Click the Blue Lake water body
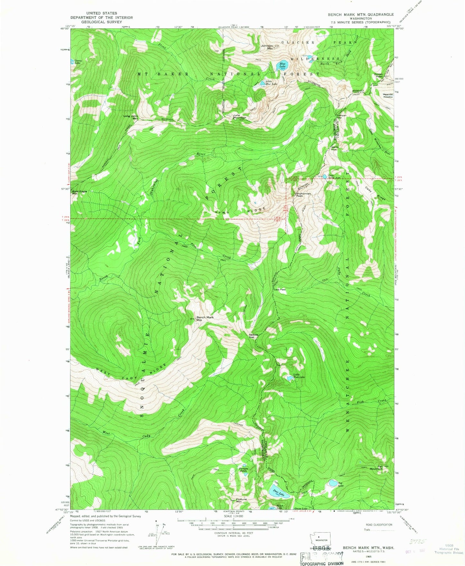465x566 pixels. [283, 66]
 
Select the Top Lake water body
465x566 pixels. [331, 483]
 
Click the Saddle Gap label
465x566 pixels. [253, 336]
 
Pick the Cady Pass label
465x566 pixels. [279, 290]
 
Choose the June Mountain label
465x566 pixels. [239, 116]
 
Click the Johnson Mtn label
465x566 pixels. [267, 47]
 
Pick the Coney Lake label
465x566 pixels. [78, 62]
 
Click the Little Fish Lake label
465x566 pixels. [299, 376]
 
